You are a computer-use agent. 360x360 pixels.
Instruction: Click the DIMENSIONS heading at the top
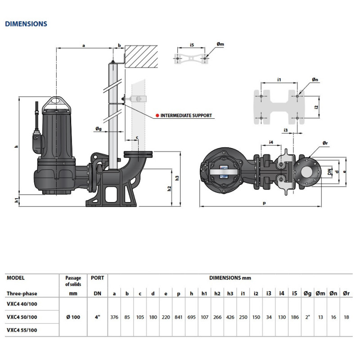[x=26, y=24]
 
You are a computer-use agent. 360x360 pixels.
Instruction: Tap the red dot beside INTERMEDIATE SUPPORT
[x=157, y=116]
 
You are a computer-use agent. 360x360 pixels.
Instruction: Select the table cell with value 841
[x=179, y=317]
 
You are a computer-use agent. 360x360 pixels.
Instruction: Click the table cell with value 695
[x=192, y=317]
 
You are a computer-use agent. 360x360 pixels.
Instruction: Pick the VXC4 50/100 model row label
[x=22, y=317]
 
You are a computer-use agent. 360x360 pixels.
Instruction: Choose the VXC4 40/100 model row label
[x=22, y=304]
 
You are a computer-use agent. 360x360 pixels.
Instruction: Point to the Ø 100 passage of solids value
[x=73, y=317]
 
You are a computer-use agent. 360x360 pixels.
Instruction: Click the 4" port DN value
[x=97, y=317]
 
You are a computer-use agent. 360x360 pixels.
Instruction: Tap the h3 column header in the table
[x=230, y=293]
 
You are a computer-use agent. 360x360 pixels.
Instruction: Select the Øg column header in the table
[x=307, y=293]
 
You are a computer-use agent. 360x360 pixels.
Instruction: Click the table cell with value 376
[x=114, y=317]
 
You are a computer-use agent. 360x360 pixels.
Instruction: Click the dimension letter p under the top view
[x=265, y=203]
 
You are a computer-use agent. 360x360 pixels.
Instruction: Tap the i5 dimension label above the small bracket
[x=192, y=45]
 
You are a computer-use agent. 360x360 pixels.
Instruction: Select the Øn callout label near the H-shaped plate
[x=315, y=80]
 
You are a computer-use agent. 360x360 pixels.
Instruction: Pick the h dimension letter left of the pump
[x=16, y=147]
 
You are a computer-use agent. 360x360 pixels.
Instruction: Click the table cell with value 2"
[x=307, y=317]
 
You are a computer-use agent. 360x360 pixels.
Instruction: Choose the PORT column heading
[x=97, y=278]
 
